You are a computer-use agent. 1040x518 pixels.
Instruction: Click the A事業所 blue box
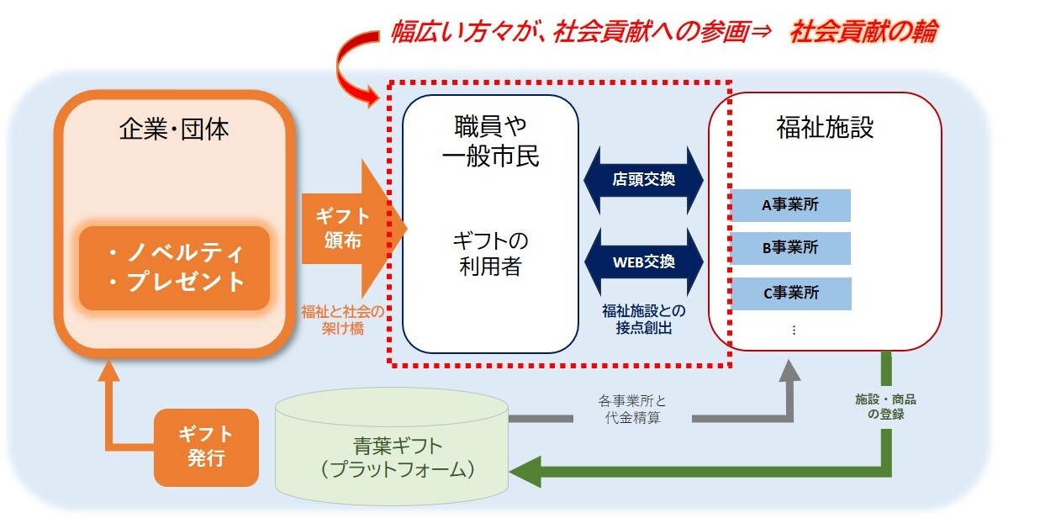pyautogui.click(x=795, y=205)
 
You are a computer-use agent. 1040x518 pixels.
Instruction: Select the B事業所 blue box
pyautogui.click(x=795, y=249)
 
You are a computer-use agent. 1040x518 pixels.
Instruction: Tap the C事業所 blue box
pyautogui.click(x=795, y=293)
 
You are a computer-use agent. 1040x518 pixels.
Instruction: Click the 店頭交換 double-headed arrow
pyautogui.click(x=644, y=179)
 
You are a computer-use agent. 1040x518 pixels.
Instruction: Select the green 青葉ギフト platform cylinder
pyautogui.click(x=392, y=446)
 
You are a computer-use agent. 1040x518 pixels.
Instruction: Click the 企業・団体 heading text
pyautogui.click(x=175, y=129)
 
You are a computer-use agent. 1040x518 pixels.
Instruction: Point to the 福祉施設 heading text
pyautogui.click(x=825, y=128)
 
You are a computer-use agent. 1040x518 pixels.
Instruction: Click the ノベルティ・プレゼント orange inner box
pyautogui.click(x=174, y=267)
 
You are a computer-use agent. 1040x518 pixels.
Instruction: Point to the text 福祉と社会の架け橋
pyautogui.click(x=342, y=320)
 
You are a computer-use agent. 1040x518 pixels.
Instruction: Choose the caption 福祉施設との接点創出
pyautogui.click(x=644, y=320)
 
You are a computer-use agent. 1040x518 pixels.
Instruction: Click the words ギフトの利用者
pyautogui.click(x=490, y=254)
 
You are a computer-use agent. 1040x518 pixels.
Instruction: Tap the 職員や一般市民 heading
pyautogui.click(x=490, y=140)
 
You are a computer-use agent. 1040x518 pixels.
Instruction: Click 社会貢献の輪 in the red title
pyautogui.click(x=863, y=32)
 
